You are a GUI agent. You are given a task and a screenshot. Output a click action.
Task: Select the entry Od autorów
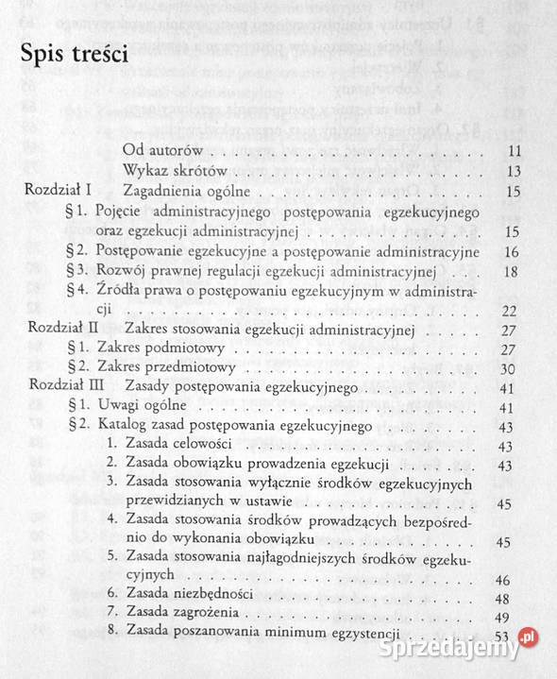166,150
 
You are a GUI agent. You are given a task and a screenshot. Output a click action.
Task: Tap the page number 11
514,151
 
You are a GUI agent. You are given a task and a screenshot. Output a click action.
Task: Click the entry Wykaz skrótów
177,171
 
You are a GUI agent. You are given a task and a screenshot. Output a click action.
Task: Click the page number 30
514,369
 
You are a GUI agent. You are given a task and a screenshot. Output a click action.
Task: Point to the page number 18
514,272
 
